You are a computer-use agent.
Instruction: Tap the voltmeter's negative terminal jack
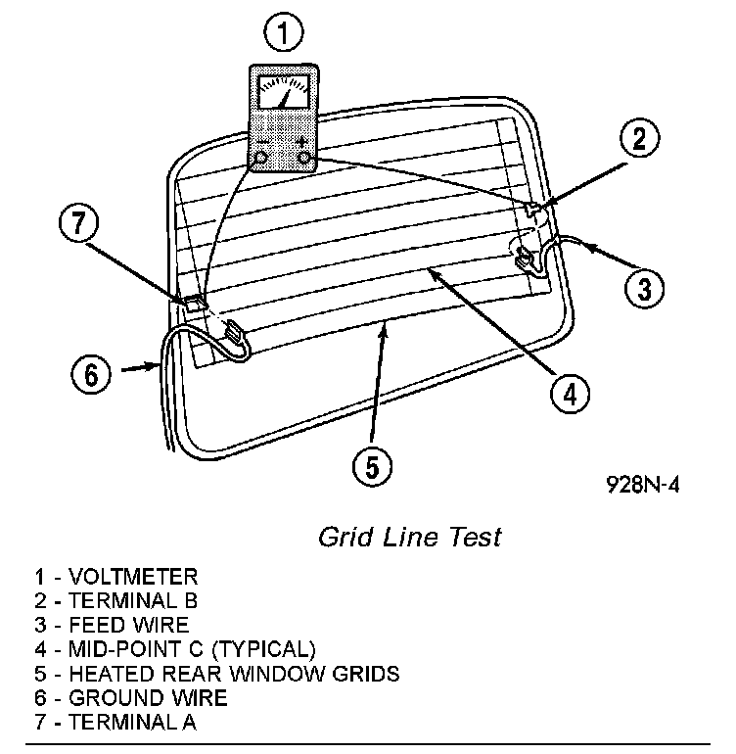(262, 157)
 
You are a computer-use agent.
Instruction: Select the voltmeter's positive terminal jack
(304, 157)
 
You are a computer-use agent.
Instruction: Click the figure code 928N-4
(642, 487)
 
